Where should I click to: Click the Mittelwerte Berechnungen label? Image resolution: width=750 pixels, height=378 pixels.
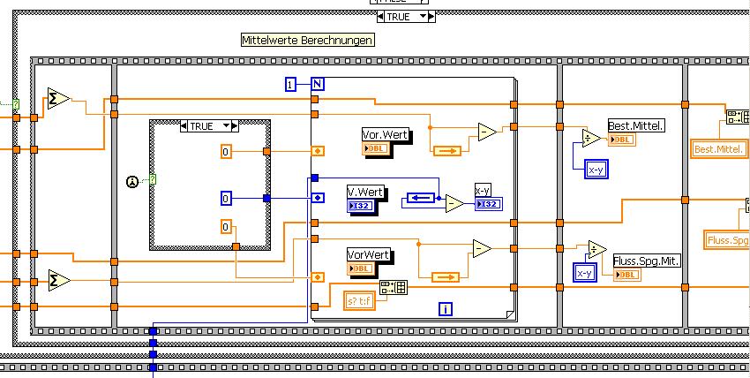(308, 41)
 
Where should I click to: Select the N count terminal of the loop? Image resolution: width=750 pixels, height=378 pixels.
(318, 84)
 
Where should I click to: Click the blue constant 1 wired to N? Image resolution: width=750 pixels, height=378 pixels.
(289, 84)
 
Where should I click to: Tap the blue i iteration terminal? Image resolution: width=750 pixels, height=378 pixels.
(446, 308)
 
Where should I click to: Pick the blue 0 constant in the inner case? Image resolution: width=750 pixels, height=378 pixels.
(225, 199)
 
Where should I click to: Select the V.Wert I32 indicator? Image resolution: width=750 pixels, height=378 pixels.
(362, 207)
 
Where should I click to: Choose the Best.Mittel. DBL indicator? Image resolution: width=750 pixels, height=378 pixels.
(623, 140)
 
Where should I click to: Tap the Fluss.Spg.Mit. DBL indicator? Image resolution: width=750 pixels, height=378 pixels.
(626, 275)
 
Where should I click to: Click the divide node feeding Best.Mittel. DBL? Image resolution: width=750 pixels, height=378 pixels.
(591, 137)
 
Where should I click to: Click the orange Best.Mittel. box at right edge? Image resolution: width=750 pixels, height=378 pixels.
(718, 149)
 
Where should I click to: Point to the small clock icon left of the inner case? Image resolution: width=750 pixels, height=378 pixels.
(132, 181)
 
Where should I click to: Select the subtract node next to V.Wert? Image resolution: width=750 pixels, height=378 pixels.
(454, 203)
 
